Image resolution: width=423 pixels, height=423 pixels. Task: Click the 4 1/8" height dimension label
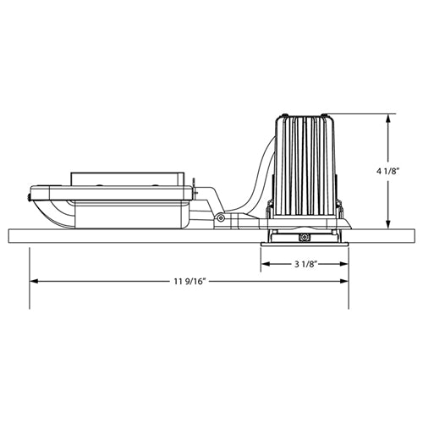(x=388, y=171)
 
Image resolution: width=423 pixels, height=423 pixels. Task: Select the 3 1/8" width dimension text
(x=305, y=264)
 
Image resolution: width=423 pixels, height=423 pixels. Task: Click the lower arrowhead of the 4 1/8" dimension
(x=388, y=224)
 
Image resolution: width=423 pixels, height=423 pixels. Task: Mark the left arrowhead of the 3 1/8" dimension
(x=266, y=264)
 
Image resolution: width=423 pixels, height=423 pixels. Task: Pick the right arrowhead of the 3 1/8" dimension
(x=343, y=264)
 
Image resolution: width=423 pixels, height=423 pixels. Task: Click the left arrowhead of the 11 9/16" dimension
(x=35, y=282)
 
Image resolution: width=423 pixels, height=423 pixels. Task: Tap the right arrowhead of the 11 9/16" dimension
(x=343, y=282)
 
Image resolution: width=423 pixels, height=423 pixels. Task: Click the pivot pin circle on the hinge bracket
(x=221, y=218)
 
